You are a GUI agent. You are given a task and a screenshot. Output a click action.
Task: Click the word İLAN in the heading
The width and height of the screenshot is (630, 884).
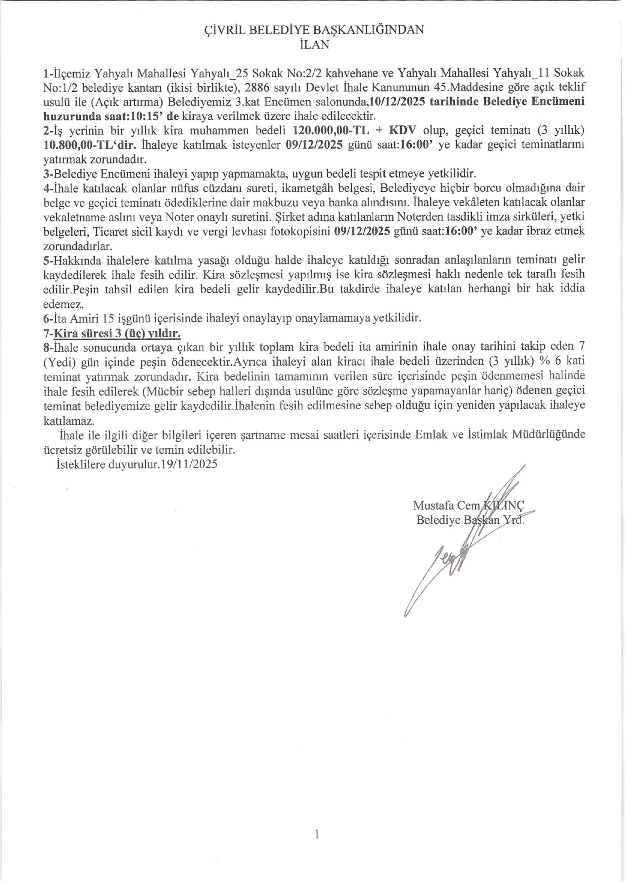pos(314,44)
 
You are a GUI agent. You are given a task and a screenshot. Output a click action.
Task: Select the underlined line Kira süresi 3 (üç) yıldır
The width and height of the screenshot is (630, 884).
pos(117,333)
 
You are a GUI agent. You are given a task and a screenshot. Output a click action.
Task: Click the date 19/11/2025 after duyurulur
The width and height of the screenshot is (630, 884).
pos(189,464)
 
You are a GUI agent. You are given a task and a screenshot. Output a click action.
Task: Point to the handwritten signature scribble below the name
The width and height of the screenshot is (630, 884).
pos(445,560)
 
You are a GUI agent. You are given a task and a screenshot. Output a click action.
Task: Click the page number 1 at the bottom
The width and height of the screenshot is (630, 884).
pos(316,834)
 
